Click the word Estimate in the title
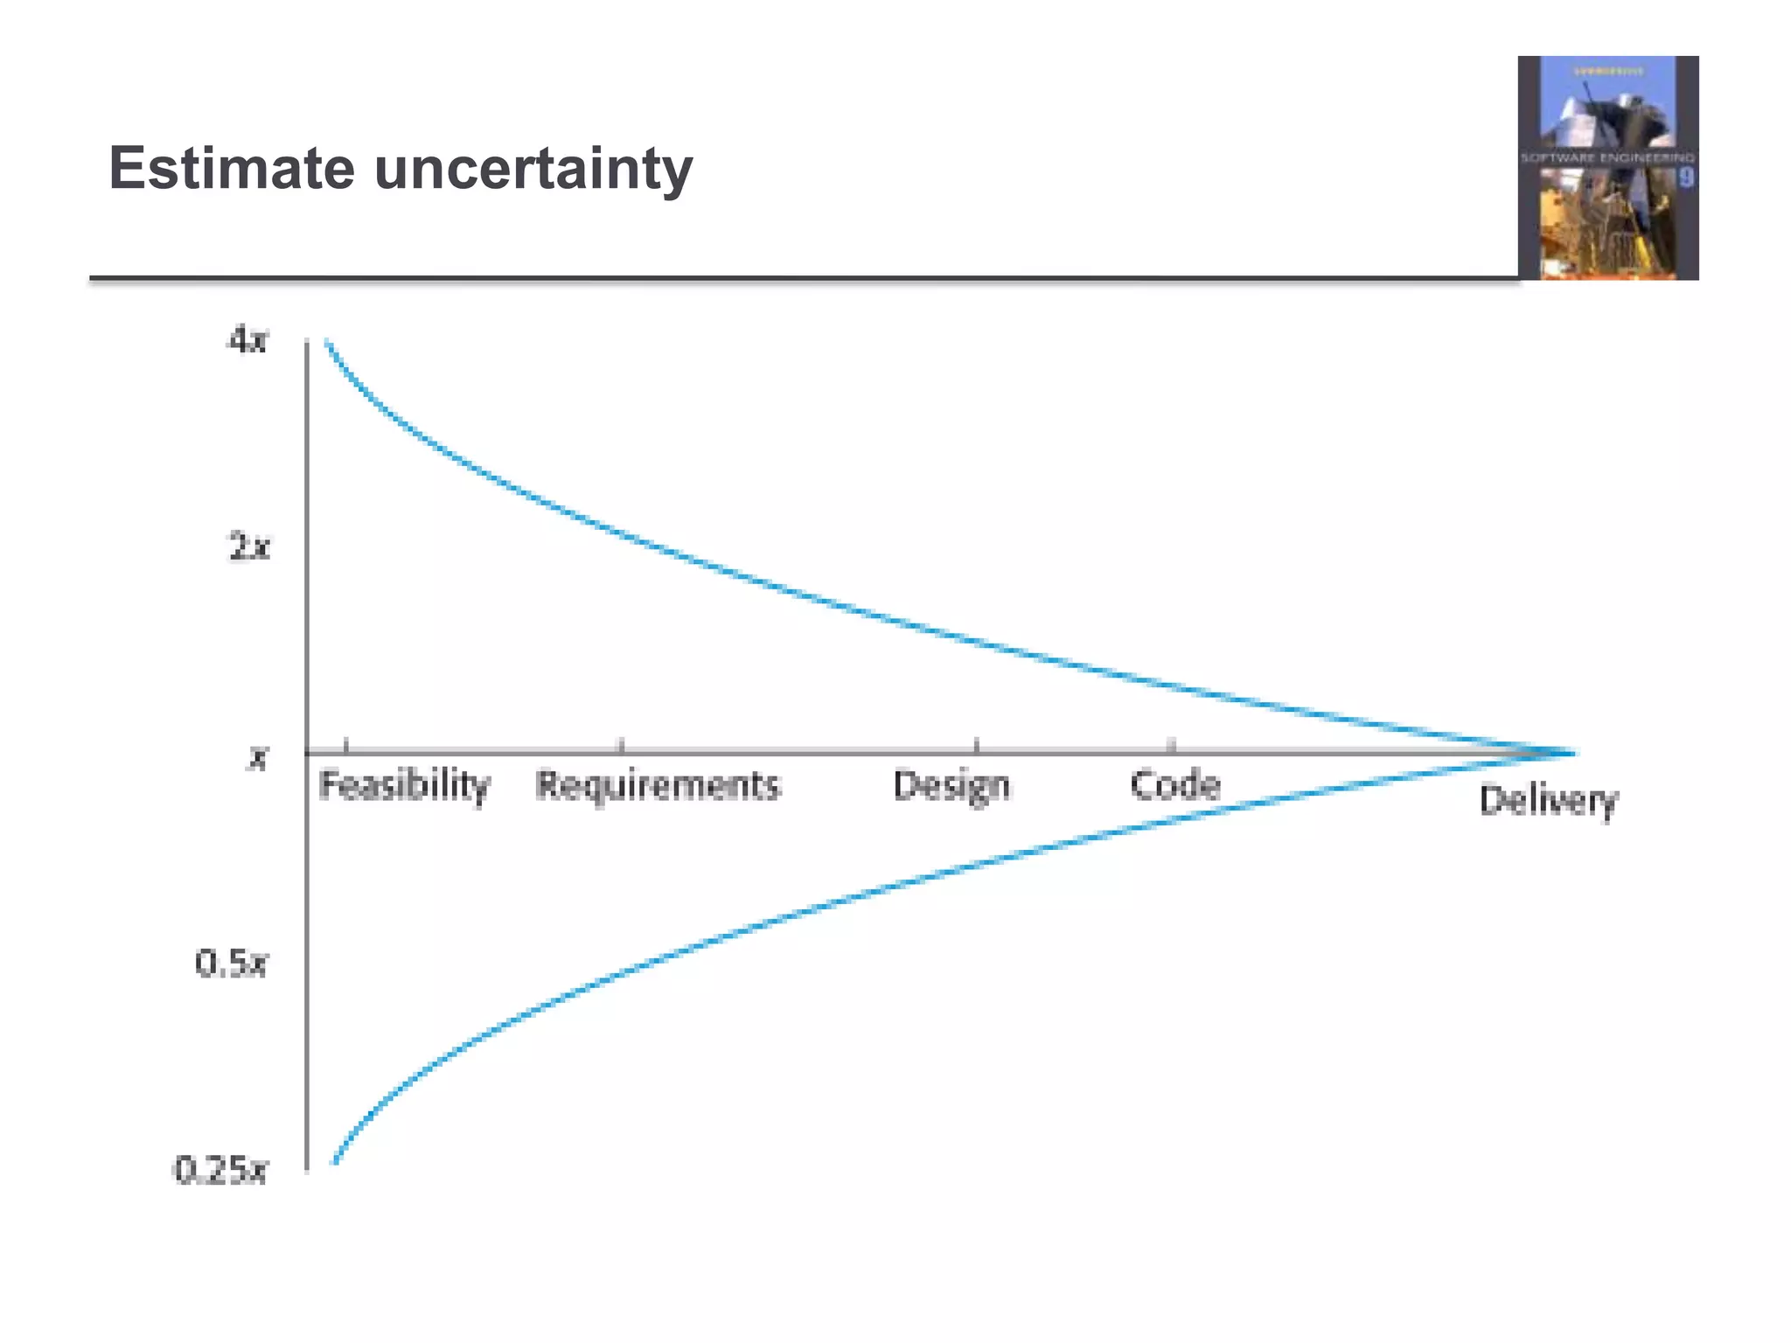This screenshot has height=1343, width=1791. pos(231,168)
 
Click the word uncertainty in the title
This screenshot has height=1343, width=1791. pos(533,170)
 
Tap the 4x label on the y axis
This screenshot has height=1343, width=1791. pos(247,339)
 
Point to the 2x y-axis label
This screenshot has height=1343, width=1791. pos(249,548)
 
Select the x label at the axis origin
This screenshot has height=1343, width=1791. pos(256,757)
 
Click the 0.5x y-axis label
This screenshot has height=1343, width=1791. pos(231,964)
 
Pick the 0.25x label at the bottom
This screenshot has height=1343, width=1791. pos(220,1170)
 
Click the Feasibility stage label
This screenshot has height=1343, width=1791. pos(404,785)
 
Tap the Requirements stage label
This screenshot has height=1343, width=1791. pos(657,785)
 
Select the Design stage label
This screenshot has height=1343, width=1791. pos(951,785)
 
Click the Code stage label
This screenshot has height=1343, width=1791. pos(1174,785)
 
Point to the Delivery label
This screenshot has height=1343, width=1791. pos(1548,801)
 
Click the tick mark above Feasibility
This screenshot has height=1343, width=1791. pos(346,746)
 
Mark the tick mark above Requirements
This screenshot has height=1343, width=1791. pos(622,746)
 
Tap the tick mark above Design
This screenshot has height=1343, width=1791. pos(977,746)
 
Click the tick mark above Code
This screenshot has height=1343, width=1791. pos(1173,746)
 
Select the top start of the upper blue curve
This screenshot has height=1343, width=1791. pos(327,342)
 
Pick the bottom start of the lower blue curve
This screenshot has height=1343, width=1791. pos(335,1161)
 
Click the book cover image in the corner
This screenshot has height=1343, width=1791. pos(1608,168)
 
